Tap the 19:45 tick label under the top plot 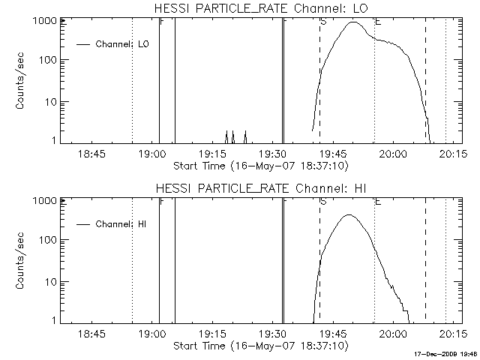332,154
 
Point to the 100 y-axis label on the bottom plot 47,240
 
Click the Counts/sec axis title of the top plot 22,82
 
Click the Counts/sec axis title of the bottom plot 22,262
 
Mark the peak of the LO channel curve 353,22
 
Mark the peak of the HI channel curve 348,215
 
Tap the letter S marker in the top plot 323,22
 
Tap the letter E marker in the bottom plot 378,202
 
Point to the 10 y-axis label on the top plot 49,101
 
